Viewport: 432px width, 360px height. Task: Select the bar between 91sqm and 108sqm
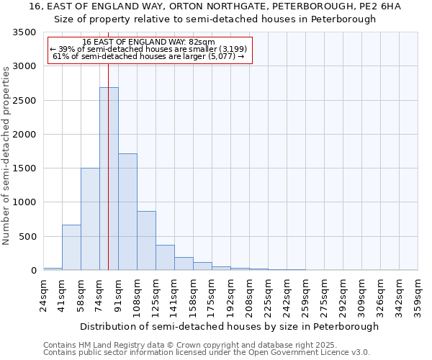point(127,212)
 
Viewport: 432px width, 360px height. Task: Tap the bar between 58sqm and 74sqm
point(90,219)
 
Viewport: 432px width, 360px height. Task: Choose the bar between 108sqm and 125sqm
point(146,240)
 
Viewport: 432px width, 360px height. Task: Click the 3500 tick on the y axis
point(24,32)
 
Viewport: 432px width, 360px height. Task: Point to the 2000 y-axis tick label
point(24,135)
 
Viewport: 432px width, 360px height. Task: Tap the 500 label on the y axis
point(27,237)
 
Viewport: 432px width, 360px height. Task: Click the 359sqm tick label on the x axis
point(418,294)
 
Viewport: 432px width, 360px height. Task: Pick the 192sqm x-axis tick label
point(231,294)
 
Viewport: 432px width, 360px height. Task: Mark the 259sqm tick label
point(306,294)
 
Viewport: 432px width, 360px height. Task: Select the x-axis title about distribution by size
point(230,326)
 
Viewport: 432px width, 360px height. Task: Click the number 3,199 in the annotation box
point(232,49)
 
